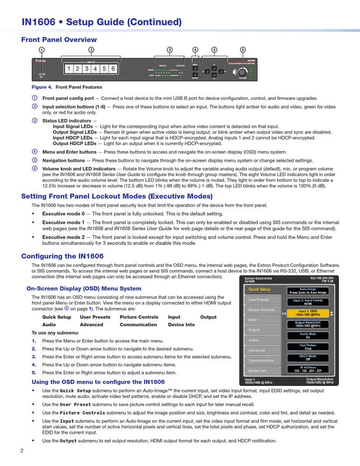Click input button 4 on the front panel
point(95,69)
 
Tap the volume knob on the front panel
point(243,72)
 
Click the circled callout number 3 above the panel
point(170,50)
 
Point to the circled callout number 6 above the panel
point(243,50)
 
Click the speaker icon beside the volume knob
point(235,72)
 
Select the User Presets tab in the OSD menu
point(262,300)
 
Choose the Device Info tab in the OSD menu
point(262,370)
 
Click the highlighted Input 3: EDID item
point(308,313)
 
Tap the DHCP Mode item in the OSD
point(308,358)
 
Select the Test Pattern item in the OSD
point(308,347)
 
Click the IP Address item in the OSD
point(308,369)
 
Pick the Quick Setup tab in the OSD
point(262,289)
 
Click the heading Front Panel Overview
point(59,39)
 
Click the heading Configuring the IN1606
point(62,256)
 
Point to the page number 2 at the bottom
point(22,450)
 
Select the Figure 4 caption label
point(42,87)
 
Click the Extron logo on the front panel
point(41,61)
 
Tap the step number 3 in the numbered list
point(34,356)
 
